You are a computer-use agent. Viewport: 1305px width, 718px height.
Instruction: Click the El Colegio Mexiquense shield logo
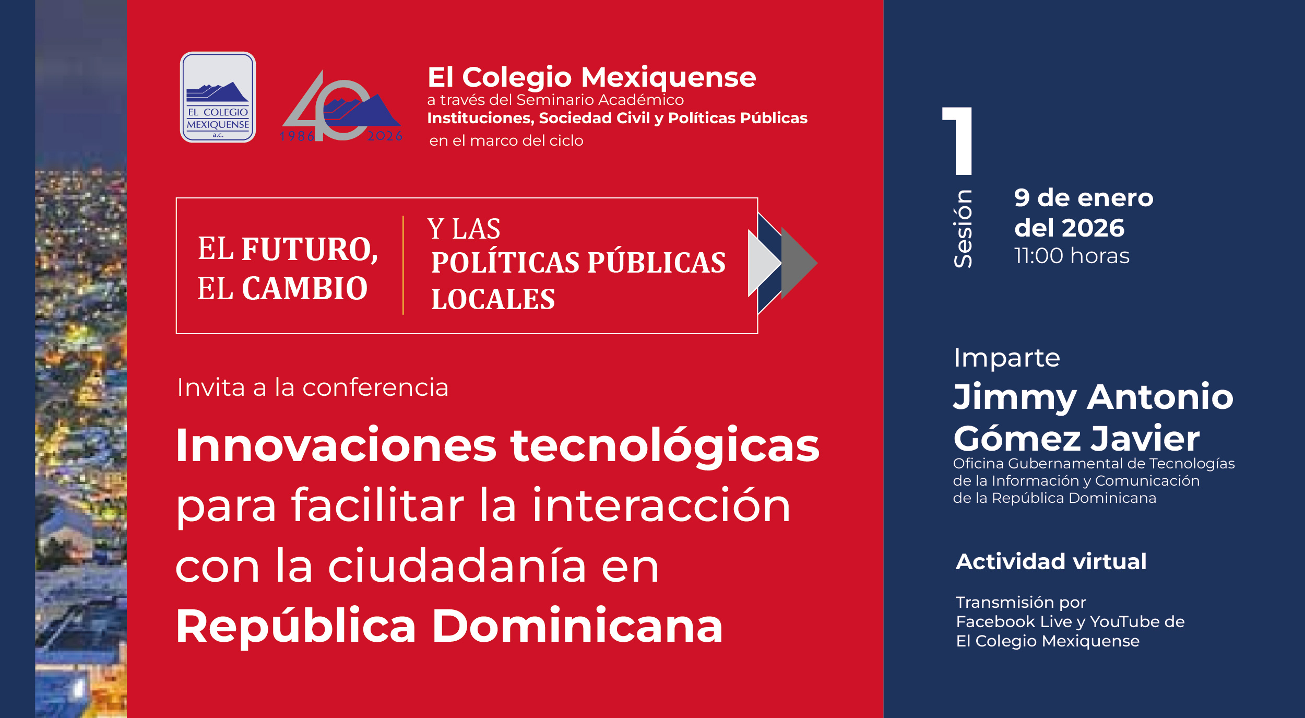[218, 97]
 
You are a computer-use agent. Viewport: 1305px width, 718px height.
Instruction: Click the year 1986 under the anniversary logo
[297, 136]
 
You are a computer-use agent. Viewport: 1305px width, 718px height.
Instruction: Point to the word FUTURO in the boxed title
[310, 249]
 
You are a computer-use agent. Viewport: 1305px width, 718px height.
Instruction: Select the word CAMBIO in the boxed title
[304, 288]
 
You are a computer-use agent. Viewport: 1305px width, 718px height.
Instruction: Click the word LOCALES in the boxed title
[493, 300]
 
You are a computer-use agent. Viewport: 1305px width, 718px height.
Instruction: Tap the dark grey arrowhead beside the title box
[799, 263]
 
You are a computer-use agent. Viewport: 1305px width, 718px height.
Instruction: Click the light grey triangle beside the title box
[764, 263]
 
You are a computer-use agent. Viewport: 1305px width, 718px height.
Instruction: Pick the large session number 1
[958, 141]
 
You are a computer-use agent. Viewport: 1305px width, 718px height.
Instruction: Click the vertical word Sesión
[963, 229]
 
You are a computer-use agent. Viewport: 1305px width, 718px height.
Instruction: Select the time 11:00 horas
[1072, 256]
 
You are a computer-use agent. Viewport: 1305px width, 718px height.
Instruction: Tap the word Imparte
[1006, 358]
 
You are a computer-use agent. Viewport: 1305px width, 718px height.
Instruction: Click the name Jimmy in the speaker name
[1015, 397]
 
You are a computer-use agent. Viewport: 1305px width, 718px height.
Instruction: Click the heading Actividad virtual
[1051, 561]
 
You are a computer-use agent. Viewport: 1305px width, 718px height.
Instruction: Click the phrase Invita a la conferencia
[313, 387]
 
